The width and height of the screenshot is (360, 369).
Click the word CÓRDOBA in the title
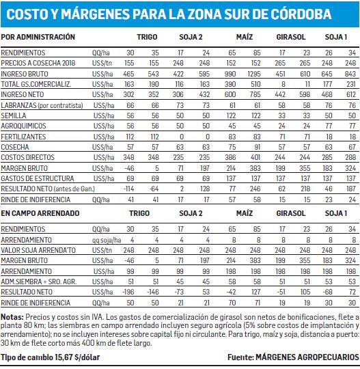(301, 14)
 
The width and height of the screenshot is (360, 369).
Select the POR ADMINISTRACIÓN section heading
(38, 37)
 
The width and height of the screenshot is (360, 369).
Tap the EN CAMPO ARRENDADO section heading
(40, 213)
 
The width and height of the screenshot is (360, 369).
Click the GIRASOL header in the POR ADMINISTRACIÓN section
(291, 37)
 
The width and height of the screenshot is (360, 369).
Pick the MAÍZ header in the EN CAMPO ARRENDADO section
(245, 213)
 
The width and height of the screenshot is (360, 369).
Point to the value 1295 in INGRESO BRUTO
(254, 74)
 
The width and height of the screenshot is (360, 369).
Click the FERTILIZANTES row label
(23, 137)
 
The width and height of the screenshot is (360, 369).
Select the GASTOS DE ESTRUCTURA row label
(38, 178)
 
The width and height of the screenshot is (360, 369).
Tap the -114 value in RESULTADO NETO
(128, 189)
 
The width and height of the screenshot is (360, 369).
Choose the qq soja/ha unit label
(107, 240)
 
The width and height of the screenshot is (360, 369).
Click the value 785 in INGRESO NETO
(255, 94)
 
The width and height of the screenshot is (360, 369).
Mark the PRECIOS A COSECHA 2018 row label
(38, 63)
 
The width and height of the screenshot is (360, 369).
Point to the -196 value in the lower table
(128, 292)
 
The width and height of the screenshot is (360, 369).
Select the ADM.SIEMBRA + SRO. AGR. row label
(39, 282)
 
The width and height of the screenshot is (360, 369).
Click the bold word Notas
(12, 317)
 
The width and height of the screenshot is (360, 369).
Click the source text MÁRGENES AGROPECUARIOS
(307, 357)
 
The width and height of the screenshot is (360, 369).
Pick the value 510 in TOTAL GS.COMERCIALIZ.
(255, 84)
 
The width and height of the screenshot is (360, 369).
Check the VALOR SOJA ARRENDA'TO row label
(38, 250)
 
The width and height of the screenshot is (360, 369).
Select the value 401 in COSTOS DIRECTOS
(255, 157)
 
